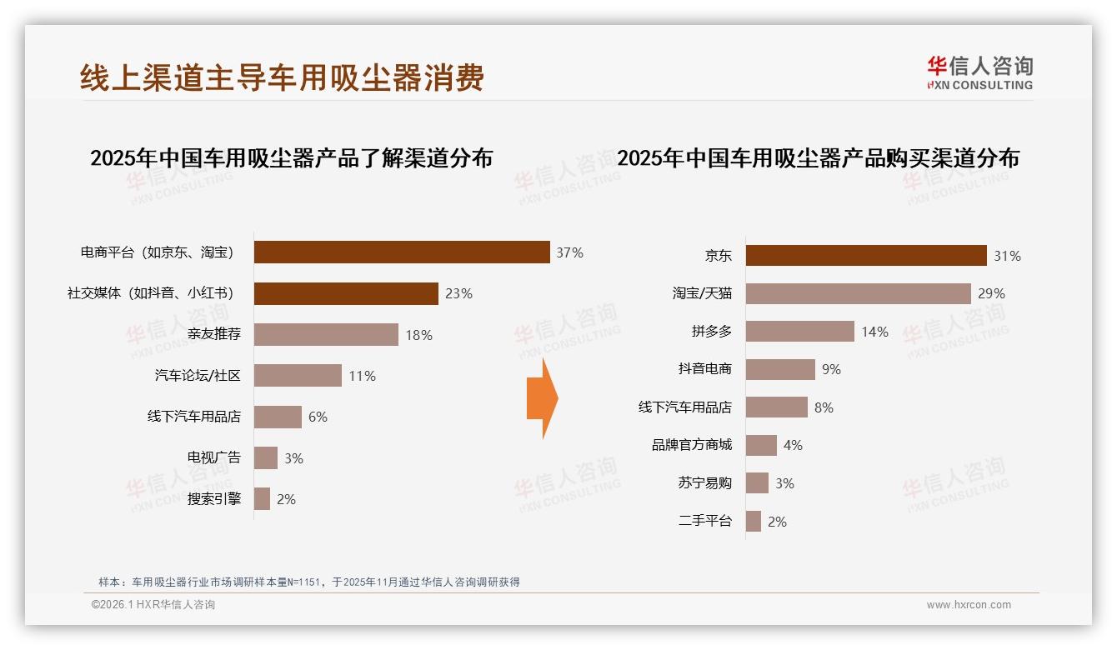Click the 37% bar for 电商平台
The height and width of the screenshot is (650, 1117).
(402, 252)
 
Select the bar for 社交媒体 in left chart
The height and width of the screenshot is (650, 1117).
(346, 293)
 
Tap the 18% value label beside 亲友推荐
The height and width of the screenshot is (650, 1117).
(418, 335)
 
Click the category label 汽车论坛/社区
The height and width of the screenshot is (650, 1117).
(198, 376)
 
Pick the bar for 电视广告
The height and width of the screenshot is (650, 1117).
(266, 457)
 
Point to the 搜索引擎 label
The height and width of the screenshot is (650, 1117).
(213, 499)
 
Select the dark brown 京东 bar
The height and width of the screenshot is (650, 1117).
(865, 256)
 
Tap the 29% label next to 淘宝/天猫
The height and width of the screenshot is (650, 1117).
(991, 293)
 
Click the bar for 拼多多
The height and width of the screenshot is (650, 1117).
(799, 332)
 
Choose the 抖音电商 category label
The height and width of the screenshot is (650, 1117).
(704, 368)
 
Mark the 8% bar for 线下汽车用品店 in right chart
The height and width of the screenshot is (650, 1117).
(776, 407)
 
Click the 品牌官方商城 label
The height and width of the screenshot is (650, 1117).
(691, 445)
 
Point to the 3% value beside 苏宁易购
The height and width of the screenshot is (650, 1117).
(784, 483)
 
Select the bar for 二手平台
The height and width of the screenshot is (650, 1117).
(754, 521)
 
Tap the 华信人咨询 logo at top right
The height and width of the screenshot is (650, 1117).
(979, 72)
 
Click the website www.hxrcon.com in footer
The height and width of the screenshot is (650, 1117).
(968, 605)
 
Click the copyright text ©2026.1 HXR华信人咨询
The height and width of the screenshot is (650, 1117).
(153, 605)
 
